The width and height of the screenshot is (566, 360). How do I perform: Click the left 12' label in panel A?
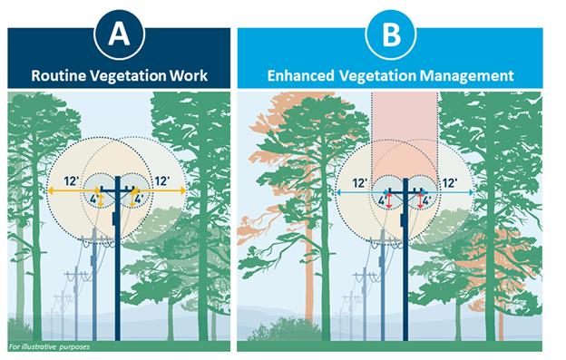[71, 180]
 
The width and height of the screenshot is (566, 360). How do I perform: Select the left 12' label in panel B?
[359, 182]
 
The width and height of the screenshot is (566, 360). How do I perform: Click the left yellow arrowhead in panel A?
[52, 191]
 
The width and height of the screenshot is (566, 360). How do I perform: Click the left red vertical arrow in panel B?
[389, 199]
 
